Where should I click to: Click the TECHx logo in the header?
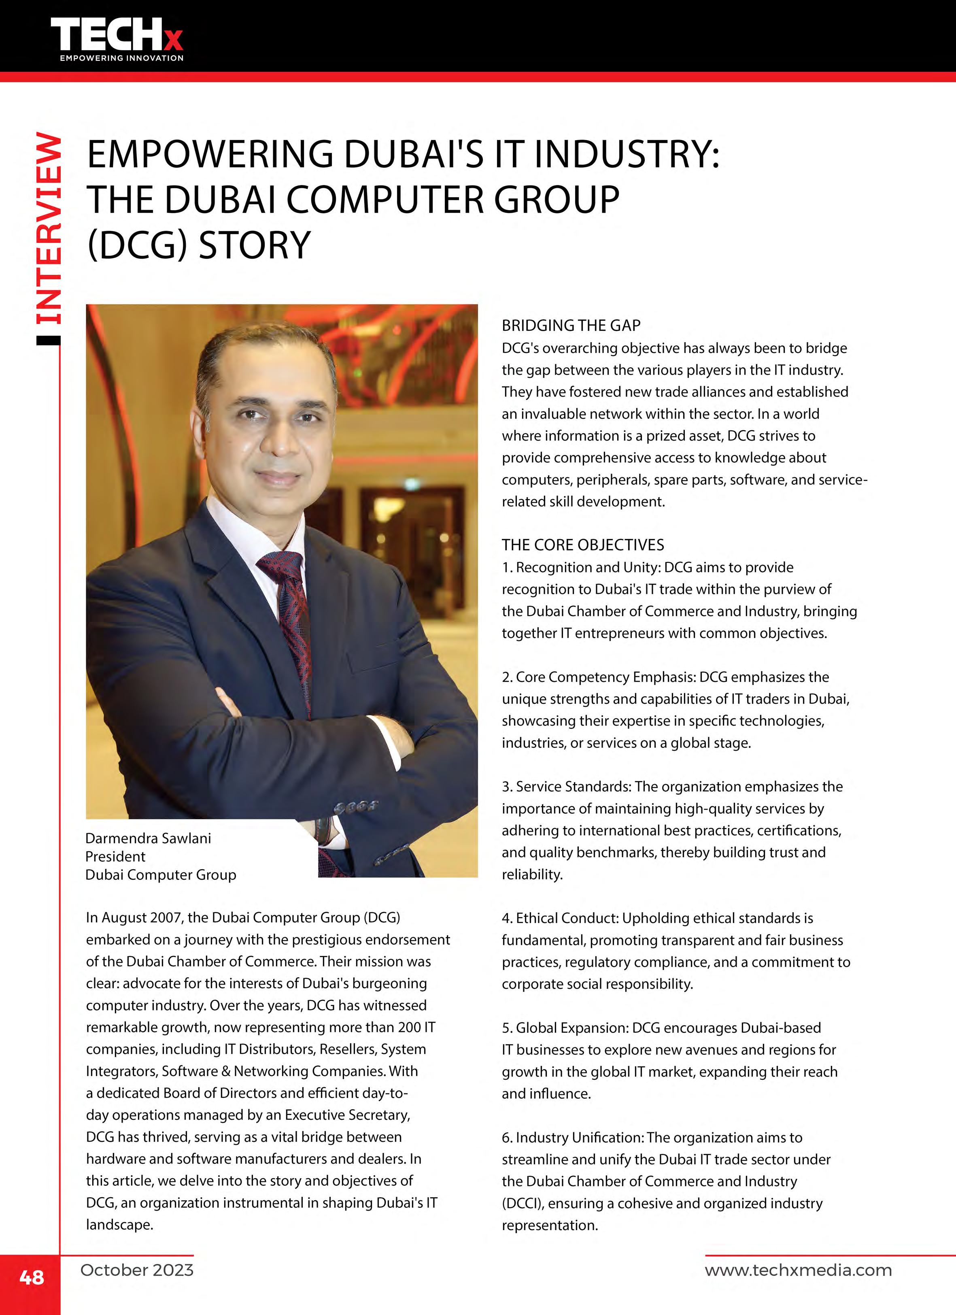pyautogui.click(x=116, y=35)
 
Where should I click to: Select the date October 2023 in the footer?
pyautogui.click(x=137, y=1270)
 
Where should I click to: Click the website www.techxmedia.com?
pyautogui.click(x=798, y=1270)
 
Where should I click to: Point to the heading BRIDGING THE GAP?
pyautogui.click(x=571, y=326)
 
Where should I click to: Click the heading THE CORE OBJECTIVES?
pyautogui.click(x=583, y=545)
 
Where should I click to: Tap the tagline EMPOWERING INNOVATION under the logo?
pyautogui.click(x=122, y=58)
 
